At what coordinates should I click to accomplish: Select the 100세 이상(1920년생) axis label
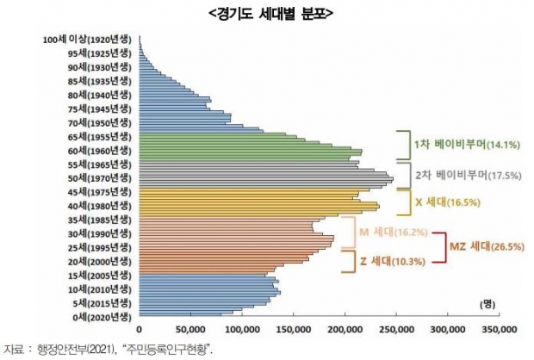(89, 40)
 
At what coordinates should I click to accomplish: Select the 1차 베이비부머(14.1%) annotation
(455, 144)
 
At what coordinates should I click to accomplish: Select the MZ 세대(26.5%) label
(486, 245)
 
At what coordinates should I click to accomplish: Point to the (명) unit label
(488, 303)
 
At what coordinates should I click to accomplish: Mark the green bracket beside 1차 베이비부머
(402, 145)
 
